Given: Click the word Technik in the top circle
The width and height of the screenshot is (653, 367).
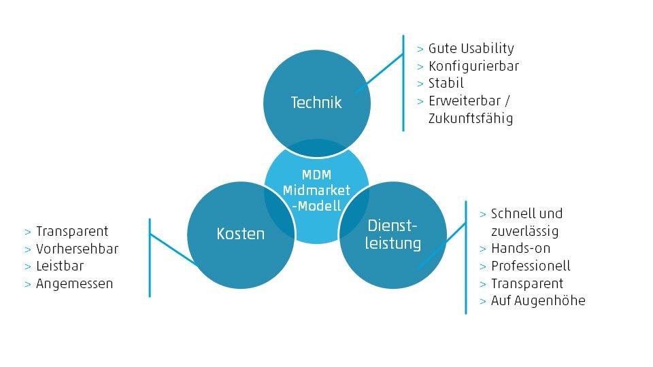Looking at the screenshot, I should point(316,103).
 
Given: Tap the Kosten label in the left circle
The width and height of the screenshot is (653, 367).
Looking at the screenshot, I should point(240,233).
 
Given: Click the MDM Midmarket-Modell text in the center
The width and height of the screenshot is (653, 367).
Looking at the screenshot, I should point(316,191).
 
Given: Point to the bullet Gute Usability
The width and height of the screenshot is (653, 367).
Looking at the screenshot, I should point(471,48).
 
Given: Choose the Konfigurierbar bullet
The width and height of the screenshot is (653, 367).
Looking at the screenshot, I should point(473,66).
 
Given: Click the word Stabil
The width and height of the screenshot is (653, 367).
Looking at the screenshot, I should point(446,84).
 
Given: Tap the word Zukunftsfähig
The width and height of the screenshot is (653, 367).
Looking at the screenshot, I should point(471,118).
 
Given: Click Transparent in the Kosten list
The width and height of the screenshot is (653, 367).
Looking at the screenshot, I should point(72,231).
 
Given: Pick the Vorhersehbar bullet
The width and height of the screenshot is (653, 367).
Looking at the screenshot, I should point(77,249).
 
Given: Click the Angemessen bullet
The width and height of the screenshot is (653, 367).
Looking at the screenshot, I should point(74,283).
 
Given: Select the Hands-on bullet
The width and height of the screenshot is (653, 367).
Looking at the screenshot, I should point(520,248).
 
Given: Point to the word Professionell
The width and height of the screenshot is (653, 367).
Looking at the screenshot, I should point(531,266).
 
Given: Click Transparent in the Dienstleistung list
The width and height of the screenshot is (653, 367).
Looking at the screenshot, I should point(527,283).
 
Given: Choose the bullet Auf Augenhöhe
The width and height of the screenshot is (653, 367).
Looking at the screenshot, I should point(537,300).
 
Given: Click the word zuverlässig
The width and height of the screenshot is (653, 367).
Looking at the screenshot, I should point(524,231).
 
